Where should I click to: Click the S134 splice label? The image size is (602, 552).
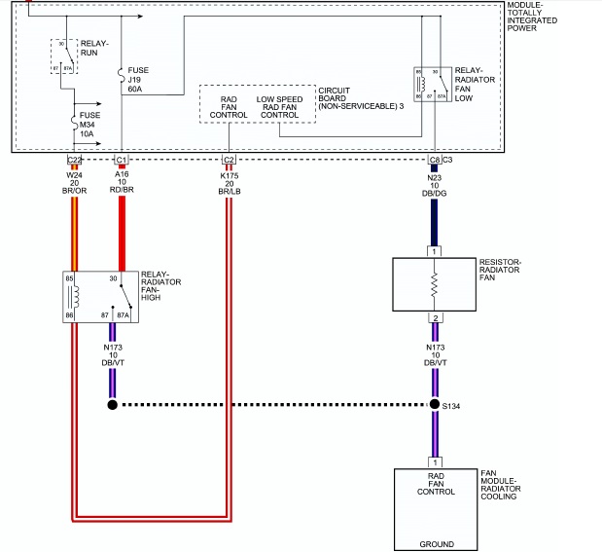pos(452,407)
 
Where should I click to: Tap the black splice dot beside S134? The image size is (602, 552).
pos(434,404)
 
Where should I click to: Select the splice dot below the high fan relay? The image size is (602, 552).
pos(113,404)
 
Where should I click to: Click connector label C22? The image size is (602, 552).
pos(73,160)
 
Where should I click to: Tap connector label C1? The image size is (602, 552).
pos(121,160)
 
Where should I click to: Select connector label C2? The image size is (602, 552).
pos(229,160)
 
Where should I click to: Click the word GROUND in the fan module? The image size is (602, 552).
pos(436,543)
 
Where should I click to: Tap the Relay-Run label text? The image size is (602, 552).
pos(95,48)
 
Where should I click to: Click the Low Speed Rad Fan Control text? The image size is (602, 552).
pos(280,107)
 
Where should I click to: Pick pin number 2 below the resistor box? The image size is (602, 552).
pos(435,317)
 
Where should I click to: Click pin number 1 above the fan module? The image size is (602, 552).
pos(435,461)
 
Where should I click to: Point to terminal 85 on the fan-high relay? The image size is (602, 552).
pos(70,279)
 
